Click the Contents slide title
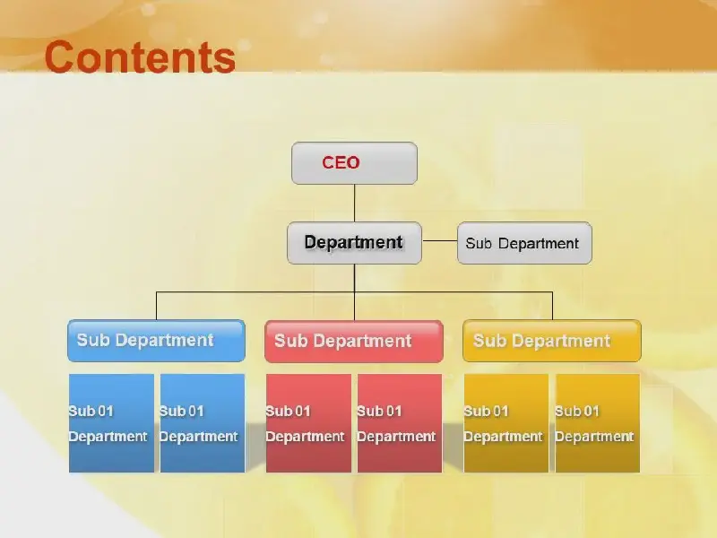140,56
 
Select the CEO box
354,163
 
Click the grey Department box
354,243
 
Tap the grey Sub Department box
524,243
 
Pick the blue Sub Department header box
156,341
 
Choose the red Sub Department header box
354,342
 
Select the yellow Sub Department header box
552,341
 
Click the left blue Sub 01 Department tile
111,423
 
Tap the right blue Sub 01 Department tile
203,423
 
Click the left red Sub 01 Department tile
308,423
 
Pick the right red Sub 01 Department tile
400,423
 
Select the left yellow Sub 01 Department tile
506,423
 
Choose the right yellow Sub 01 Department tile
598,423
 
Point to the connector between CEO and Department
354,204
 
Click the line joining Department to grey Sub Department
439,240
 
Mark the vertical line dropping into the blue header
156,306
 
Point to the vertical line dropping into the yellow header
552,306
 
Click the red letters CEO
341,162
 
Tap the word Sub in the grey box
479,243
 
